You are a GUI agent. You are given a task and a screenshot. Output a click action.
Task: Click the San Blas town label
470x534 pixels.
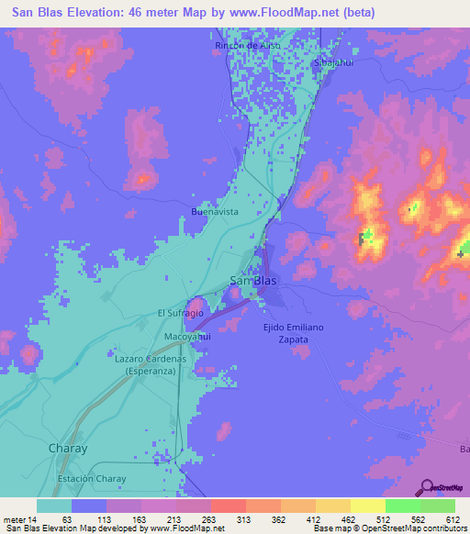pyautogui.click(x=251, y=281)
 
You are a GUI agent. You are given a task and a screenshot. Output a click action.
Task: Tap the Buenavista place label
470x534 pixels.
pyautogui.click(x=215, y=211)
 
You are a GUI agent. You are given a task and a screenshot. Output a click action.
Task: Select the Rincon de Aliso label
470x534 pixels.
pyautogui.click(x=246, y=45)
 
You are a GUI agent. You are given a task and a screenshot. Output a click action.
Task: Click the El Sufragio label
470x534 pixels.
pyautogui.click(x=180, y=313)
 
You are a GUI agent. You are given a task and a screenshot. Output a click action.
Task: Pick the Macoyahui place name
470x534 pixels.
pyautogui.click(x=188, y=337)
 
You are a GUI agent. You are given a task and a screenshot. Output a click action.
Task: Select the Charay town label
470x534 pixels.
pyautogui.click(x=66, y=448)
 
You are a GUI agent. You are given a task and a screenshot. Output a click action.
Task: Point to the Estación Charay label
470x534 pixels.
pyautogui.click(x=91, y=478)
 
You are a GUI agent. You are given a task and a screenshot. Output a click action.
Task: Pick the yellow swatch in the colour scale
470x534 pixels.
pyautogui.click(x=367, y=506)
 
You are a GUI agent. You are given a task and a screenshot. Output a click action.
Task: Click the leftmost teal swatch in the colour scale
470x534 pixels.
pyautogui.click(x=53, y=506)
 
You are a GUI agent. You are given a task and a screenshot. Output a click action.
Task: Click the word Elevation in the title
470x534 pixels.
pyautogui.click(x=107, y=13)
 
